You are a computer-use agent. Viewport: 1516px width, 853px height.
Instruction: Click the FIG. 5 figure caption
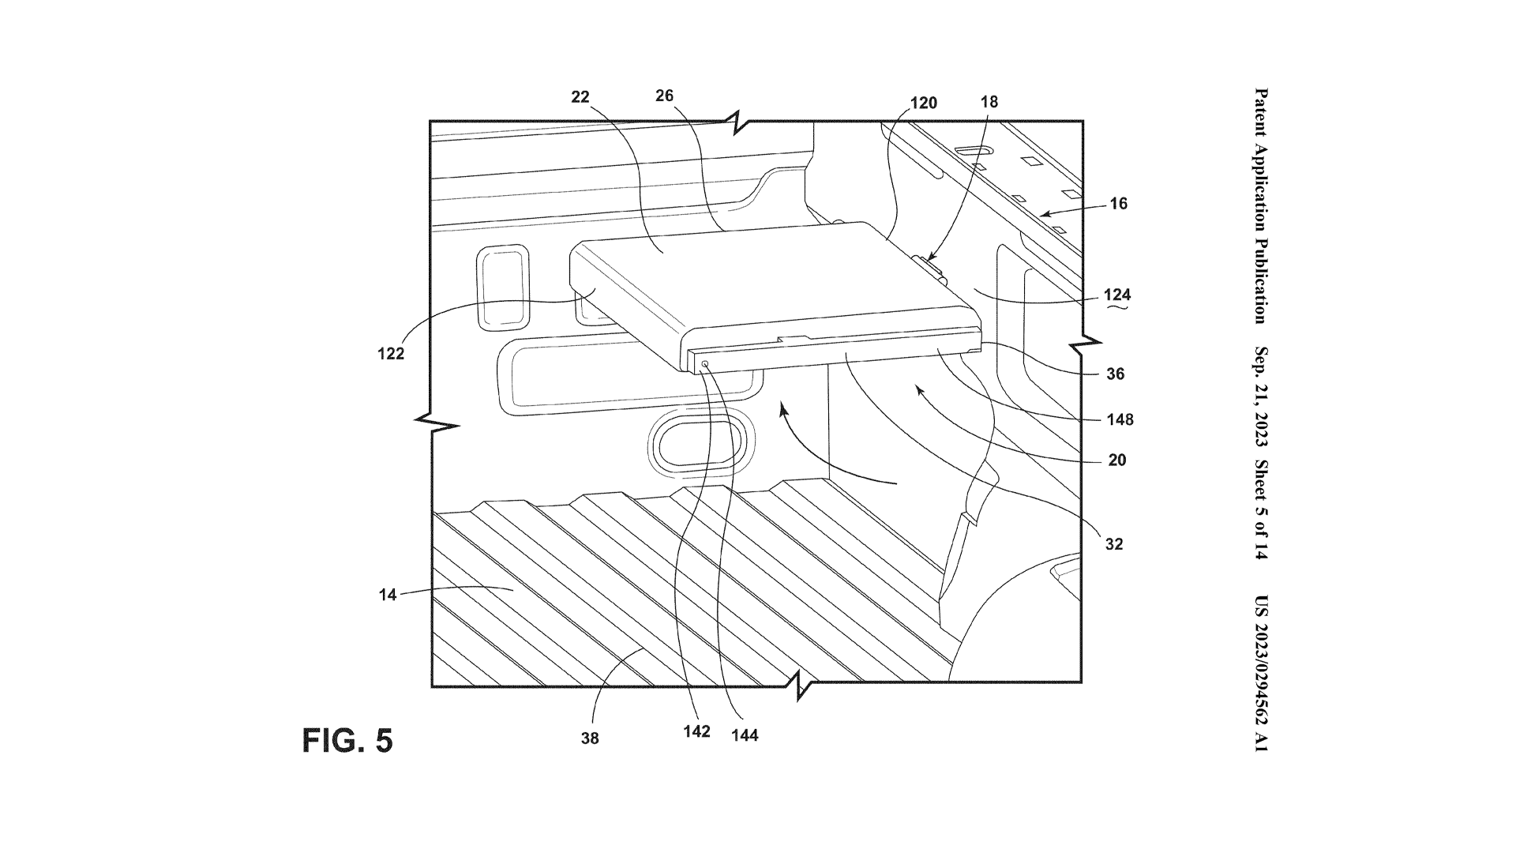347,741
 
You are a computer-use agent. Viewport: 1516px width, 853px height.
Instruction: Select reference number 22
580,96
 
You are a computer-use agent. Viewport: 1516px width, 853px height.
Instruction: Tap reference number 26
664,96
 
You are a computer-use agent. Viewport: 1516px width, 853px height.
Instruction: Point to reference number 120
923,103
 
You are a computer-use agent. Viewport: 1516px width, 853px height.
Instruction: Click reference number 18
989,102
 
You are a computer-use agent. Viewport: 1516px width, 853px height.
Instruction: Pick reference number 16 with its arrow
1118,204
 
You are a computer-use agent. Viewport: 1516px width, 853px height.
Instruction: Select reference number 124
1118,295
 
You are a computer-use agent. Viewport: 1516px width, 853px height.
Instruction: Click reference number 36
1115,374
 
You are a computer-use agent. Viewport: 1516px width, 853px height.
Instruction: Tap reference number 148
1120,419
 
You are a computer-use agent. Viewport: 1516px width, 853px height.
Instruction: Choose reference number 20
1116,460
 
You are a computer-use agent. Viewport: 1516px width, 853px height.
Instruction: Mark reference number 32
1113,544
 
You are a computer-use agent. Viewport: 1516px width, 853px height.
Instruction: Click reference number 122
390,354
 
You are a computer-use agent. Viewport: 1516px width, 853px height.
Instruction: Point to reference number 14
387,595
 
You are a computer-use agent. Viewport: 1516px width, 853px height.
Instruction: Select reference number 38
590,738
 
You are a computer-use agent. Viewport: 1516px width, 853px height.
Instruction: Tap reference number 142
696,731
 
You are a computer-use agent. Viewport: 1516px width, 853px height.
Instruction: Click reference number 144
745,735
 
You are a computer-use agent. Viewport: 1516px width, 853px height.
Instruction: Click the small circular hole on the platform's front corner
705,364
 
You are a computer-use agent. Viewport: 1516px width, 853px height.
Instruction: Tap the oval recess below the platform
696,445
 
